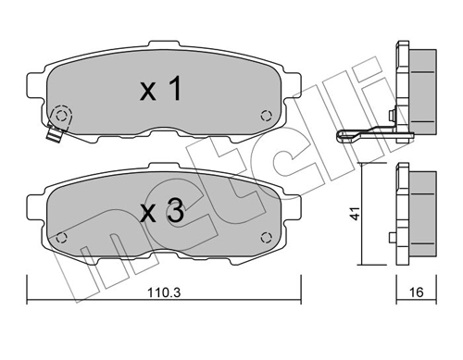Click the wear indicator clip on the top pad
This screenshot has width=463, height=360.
click(x=53, y=135)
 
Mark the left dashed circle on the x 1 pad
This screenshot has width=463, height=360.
click(x=63, y=117)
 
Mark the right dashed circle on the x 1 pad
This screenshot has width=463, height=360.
click(x=267, y=116)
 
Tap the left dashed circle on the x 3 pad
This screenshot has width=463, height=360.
click(x=63, y=237)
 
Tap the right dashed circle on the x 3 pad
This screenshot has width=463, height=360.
click(x=267, y=237)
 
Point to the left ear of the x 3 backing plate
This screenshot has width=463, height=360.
click(x=34, y=205)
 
